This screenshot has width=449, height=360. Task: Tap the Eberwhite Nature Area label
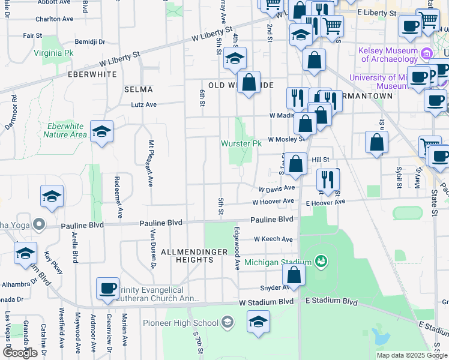[x=64, y=130]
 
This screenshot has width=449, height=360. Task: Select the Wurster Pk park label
[x=241, y=144]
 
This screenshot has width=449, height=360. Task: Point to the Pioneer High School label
[x=181, y=323]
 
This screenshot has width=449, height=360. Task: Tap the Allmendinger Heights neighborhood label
[x=195, y=256]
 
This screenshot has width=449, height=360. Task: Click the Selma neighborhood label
[x=138, y=89]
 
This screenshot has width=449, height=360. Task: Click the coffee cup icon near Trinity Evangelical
[x=108, y=288]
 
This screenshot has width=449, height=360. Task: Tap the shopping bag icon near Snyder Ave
[x=294, y=275]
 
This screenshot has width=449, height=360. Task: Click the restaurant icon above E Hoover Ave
[x=328, y=179]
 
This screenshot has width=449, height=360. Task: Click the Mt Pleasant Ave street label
[x=151, y=164]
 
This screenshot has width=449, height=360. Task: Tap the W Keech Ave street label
[x=273, y=239]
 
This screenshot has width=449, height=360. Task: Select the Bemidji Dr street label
[x=93, y=42]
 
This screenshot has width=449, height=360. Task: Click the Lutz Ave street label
[x=144, y=104]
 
